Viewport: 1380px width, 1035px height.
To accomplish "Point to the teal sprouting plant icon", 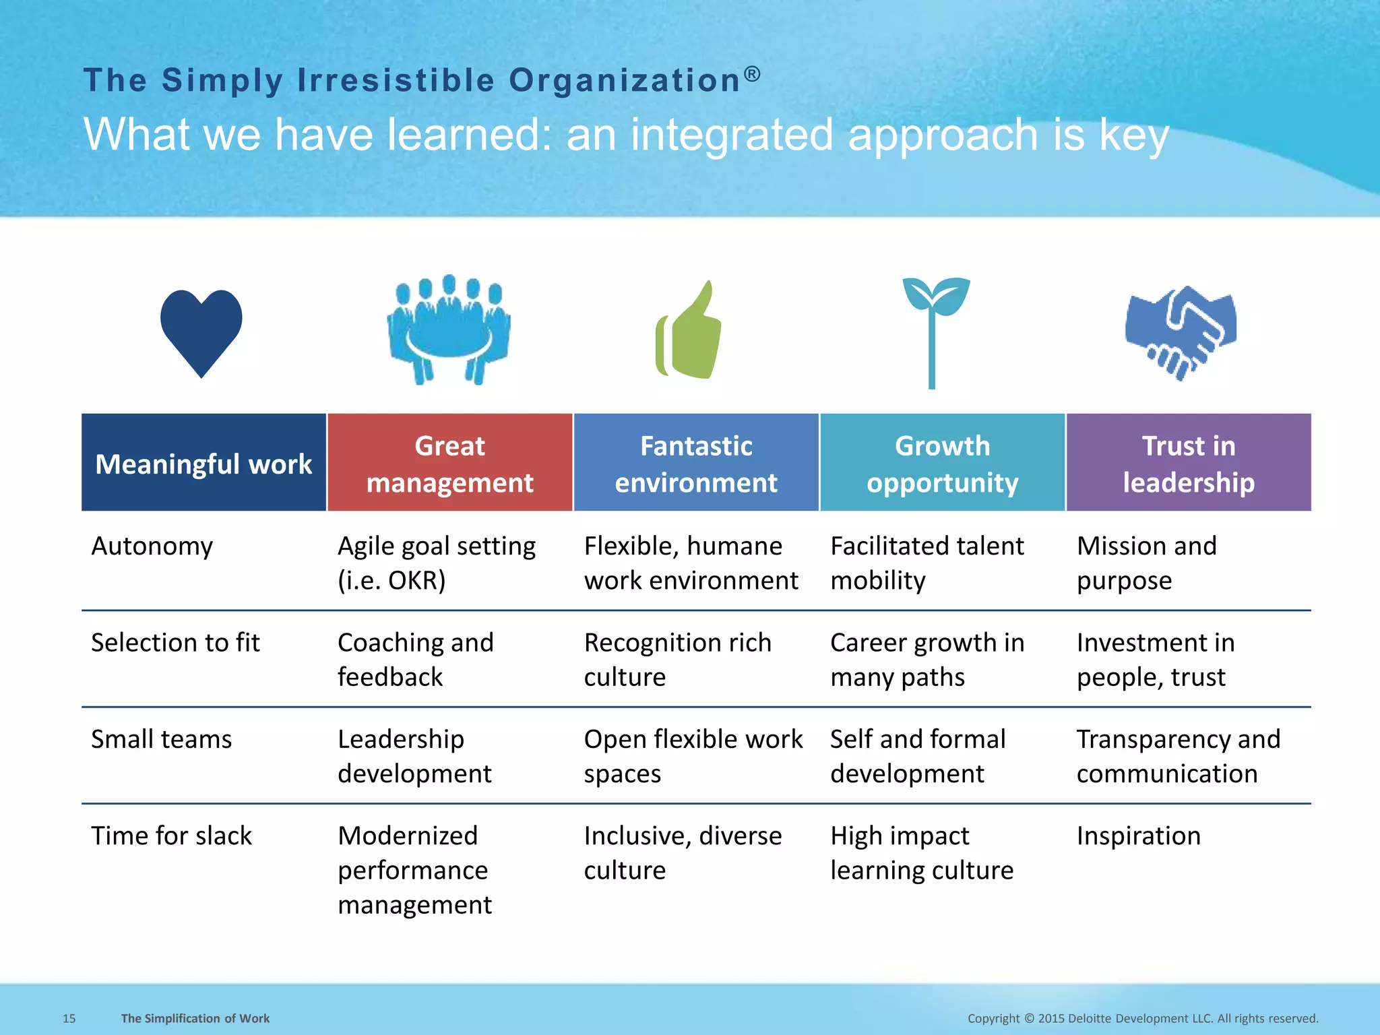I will (x=933, y=330).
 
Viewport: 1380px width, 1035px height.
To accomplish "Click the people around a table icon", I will (x=448, y=330).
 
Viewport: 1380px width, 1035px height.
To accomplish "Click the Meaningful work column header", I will (x=203, y=464).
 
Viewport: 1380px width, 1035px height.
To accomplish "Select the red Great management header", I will (x=449, y=464).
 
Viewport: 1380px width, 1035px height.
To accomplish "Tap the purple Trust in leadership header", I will (x=1189, y=464).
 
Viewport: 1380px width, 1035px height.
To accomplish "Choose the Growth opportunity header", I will (x=942, y=464).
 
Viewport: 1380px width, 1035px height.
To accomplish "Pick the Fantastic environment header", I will (x=696, y=464).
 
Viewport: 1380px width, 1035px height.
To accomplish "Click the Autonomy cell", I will (x=152, y=546).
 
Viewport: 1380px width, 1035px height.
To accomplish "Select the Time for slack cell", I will (x=171, y=836).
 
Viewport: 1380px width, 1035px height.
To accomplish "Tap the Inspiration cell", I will (x=1138, y=836).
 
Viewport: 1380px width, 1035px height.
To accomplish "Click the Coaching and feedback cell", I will (x=415, y=659).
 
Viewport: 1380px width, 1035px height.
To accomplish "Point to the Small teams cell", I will (x=162, y=739).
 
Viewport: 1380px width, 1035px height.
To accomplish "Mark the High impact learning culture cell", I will (x=921, y=853).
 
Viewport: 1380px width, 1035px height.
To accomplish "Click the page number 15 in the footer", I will (x=69, y=1018).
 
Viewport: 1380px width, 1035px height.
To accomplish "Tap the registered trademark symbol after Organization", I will (x=753, y=73).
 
